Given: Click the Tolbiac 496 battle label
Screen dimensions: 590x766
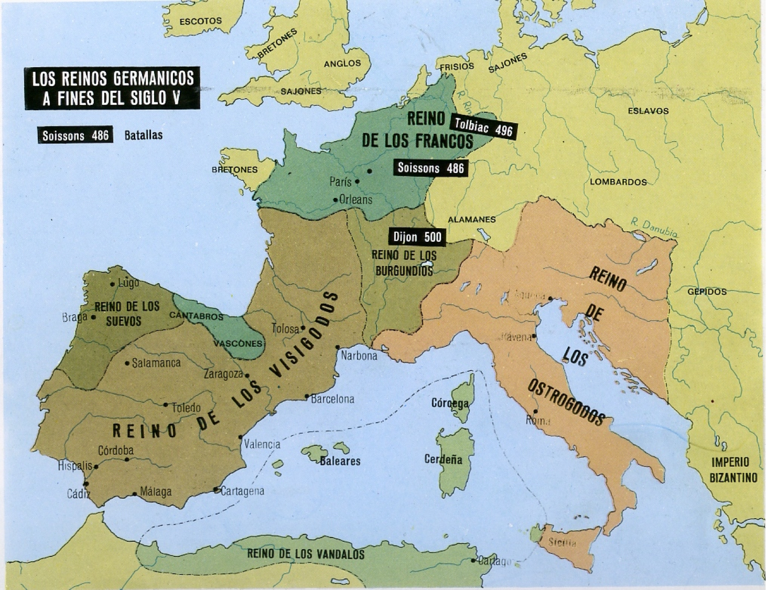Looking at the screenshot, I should [x=483, y=127].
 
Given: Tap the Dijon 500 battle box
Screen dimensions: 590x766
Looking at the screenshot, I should [x=417, y=237].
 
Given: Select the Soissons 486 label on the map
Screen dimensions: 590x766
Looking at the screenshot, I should [x=430, y=168].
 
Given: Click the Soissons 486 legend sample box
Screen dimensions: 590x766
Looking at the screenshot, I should [x=75, y=135].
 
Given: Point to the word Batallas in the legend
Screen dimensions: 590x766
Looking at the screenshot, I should [x=144, y=135].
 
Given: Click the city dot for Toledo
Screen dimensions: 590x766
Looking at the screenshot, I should [x=166, y=405].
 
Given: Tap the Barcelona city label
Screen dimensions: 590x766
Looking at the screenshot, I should [x=332, y=399].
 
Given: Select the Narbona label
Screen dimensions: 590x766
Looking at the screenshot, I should [x=359, y=356].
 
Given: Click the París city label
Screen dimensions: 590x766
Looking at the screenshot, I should [x=341, y=182].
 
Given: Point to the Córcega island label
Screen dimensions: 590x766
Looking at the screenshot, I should [x=450, y=403].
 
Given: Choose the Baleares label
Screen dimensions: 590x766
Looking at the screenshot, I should [x=340, y=462].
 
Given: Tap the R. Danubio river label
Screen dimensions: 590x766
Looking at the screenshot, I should [x=654, y=228].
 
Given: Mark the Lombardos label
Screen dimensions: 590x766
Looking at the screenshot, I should [x=618, y=182].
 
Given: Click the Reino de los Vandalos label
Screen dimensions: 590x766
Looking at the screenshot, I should [x=305, y=554].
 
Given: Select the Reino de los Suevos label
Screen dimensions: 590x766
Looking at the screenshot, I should [x=126, y=314].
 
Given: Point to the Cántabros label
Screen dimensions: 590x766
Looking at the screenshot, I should [x=196, y=316].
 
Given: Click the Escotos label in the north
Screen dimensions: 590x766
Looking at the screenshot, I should [x=200, y=22].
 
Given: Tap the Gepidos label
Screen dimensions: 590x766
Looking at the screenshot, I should [x=707, y=292].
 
